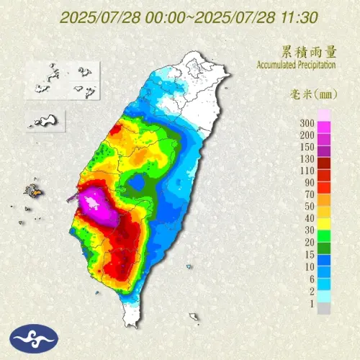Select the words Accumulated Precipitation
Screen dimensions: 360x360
click(296, 66)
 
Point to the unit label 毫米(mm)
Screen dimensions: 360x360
click(309, 96)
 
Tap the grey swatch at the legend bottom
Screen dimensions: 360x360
click(325, 308)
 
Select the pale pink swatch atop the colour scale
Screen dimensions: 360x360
click(325, 114)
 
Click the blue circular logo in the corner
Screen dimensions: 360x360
click(30, 336)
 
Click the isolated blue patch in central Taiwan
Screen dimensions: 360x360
click(135, 184)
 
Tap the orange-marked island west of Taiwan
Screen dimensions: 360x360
click(32, 192)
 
